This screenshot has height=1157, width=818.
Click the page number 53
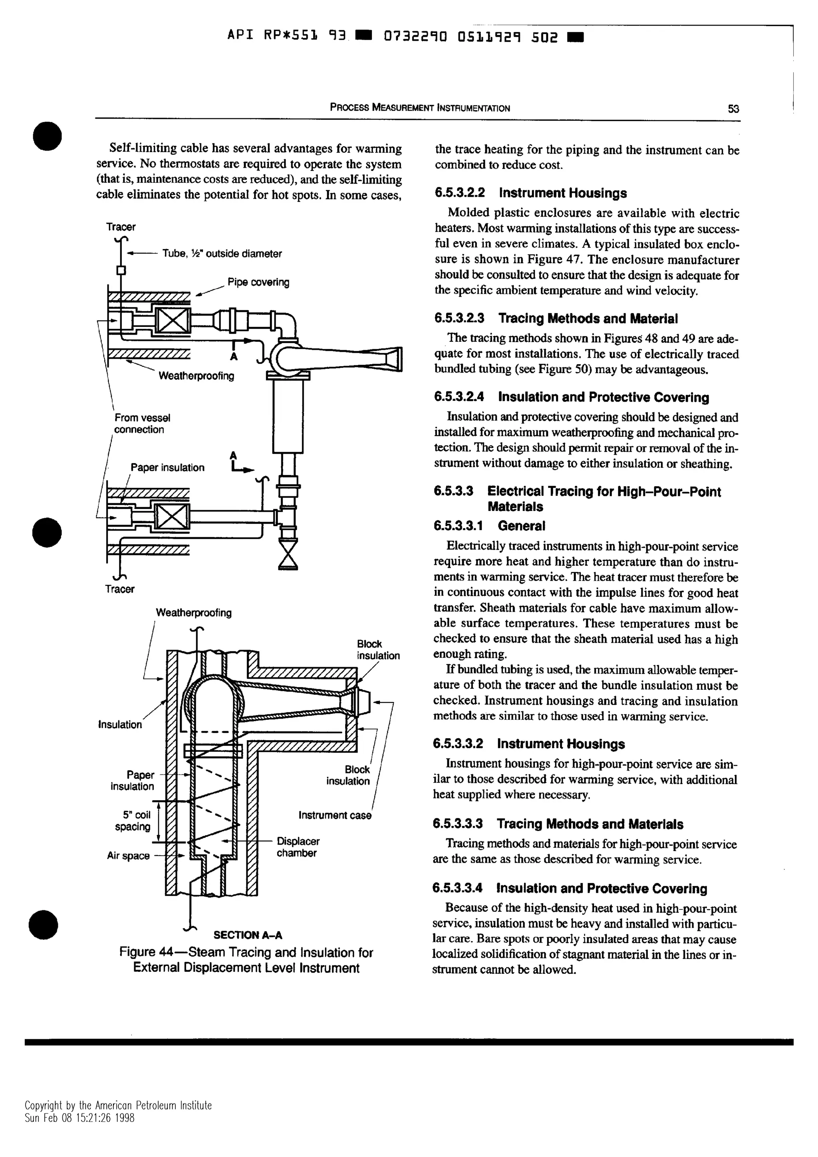coord(733,108)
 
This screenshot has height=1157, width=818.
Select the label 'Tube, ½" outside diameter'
coord(222,254)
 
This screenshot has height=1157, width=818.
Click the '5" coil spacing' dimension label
coord(133,820)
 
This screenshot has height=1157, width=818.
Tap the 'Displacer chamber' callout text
coord(298,847)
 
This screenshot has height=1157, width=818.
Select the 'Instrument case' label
coord(335,815)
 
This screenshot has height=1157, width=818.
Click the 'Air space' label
coord(128,856)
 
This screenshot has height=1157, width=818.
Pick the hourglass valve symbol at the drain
coord(288,554)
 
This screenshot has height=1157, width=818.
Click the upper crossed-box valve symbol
coord(173,320)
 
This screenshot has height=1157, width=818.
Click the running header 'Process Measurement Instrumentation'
coord(419,108)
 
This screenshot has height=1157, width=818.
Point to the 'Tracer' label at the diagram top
coord(121,227)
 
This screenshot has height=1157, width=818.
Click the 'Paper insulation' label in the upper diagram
coord(167,467)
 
